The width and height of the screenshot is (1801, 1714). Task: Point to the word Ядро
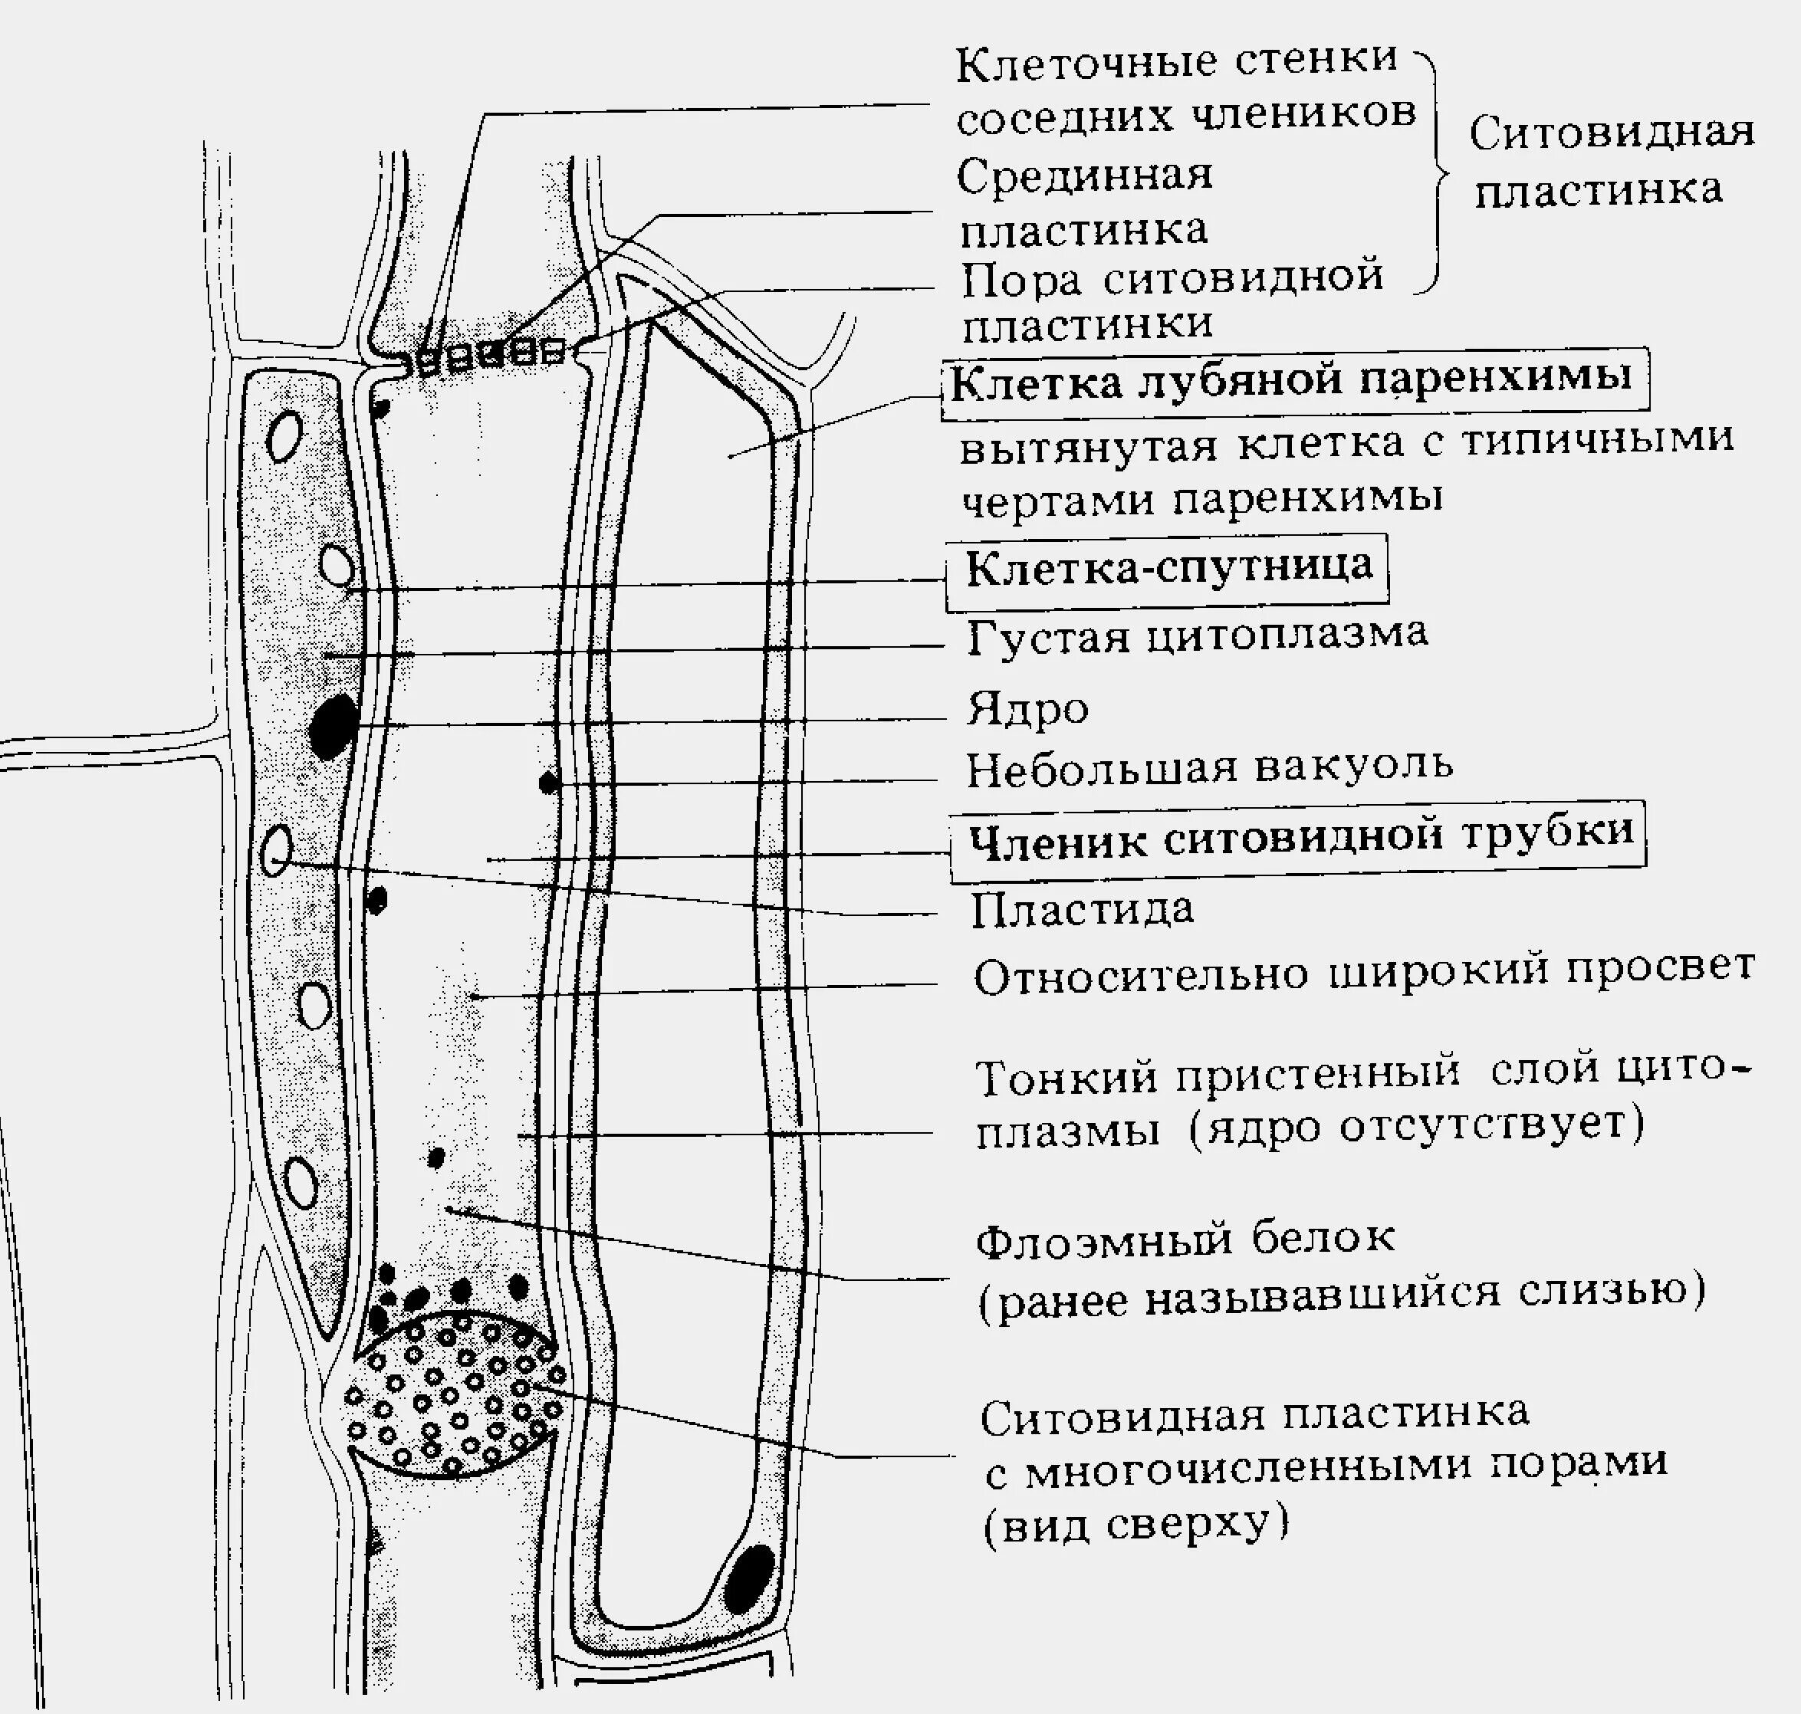1028,710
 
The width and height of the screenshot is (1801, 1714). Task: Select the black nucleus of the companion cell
333,724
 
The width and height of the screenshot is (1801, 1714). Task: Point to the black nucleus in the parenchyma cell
749,1578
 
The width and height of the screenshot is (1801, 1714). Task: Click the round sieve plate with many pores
454,1392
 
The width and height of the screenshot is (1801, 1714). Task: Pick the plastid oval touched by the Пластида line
276,851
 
